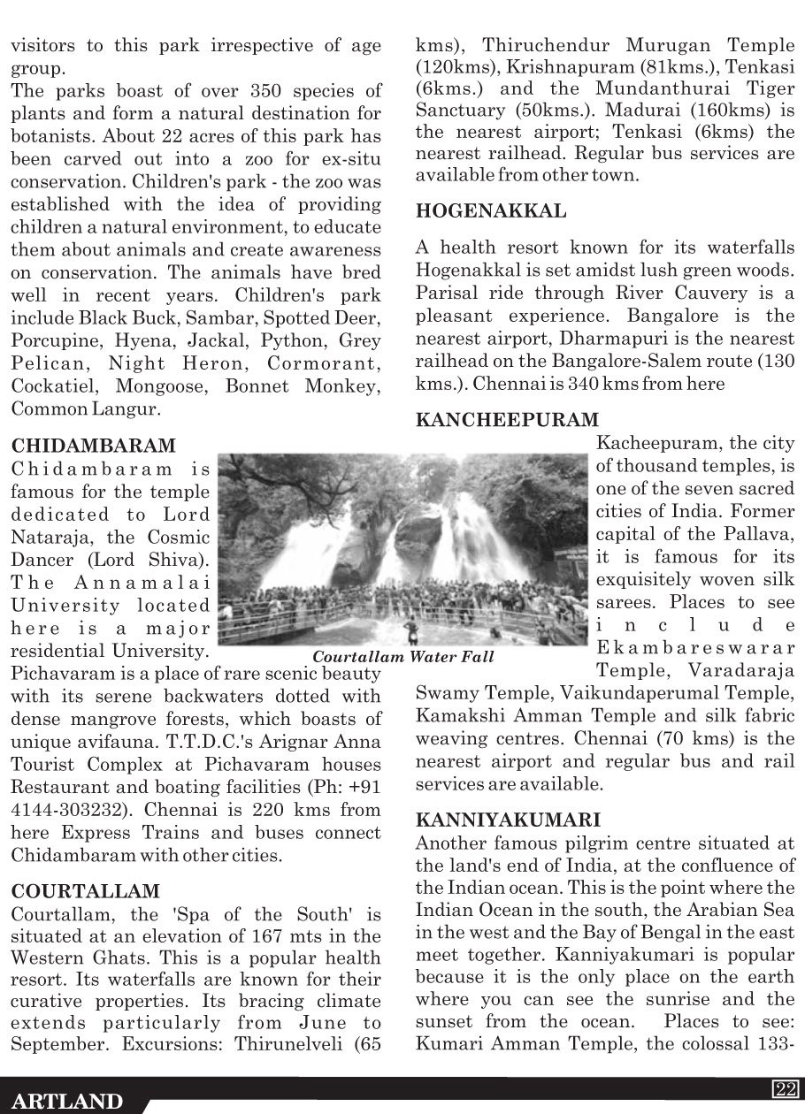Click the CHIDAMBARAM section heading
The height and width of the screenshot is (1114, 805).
(93, 445)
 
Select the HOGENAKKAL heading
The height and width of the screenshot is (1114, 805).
(491, 211)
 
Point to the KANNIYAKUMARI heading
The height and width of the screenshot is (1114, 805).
(508, 820)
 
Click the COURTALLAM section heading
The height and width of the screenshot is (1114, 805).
(86, 890)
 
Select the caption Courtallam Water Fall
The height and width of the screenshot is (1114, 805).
(403, 657)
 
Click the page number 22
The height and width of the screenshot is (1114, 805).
(784, 1088)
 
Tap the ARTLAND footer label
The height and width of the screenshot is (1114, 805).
(67, 1102)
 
